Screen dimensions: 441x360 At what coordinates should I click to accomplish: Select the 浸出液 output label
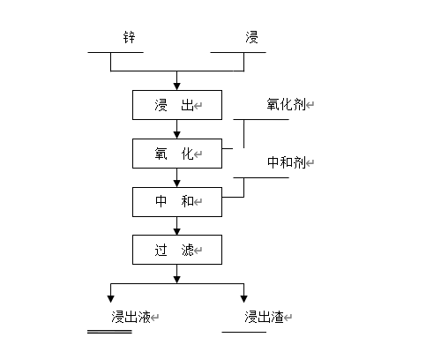click(131, 317)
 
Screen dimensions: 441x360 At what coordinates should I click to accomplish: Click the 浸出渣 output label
click(264, 317)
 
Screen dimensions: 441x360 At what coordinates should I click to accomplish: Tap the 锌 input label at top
click(129, 38)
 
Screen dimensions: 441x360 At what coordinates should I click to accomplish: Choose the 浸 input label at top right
click(251, 37)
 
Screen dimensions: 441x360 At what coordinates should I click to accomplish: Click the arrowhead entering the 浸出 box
click(176, 86)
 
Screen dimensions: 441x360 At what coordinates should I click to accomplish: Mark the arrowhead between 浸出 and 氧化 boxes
click(176, 135)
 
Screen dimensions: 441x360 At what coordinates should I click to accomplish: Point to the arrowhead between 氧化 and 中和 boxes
click(176, 184)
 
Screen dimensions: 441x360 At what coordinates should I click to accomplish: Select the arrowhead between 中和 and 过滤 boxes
click(176, 231)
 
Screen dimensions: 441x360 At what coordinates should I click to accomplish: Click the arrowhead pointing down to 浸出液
click(110, 299)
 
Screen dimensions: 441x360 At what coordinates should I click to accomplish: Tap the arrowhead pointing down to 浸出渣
click(243, 299)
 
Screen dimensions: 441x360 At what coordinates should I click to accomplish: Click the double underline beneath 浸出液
click(109, 332)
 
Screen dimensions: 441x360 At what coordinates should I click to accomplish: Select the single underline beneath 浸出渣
click(244, 332)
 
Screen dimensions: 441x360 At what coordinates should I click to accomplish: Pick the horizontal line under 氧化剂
click(261, 119)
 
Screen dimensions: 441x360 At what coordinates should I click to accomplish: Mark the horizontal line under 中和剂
click(261, 177)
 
